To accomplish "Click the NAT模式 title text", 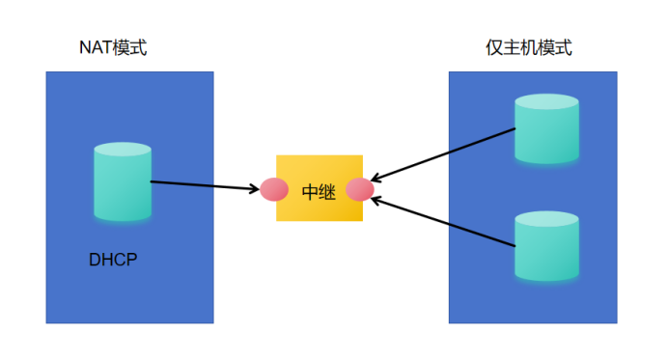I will coord(115,47).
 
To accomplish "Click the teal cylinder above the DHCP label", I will coord(123,182).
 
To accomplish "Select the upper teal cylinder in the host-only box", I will coord(546,130).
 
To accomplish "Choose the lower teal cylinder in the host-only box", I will coord(546,248).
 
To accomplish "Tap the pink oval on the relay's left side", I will coord(275,189).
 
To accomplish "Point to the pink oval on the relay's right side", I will coord(360,189).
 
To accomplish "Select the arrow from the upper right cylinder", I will coord(444,154).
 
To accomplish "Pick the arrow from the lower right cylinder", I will coord(444,223).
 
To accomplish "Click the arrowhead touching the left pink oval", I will coord(255,188).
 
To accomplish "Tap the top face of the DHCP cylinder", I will coord(123,150).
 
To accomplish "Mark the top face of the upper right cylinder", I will coord(546,101).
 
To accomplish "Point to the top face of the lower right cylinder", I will coord(546,219).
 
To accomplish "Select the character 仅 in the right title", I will coord(493,47).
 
